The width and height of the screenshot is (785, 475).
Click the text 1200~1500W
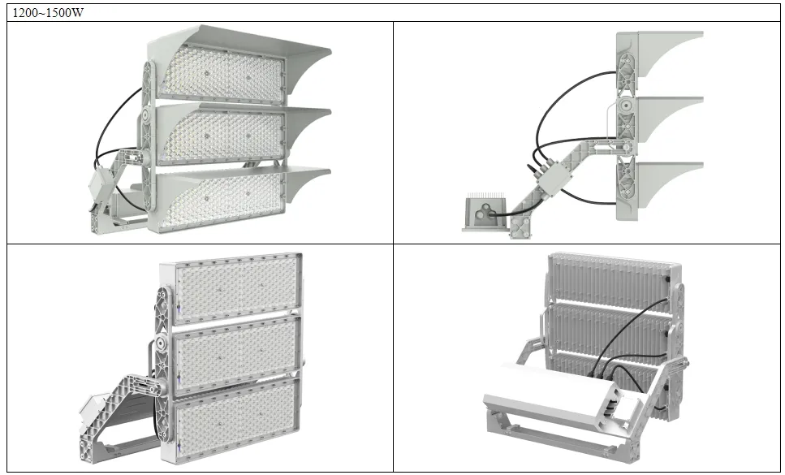point(47,13)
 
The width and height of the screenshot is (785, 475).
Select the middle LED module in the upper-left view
point(219,134)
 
